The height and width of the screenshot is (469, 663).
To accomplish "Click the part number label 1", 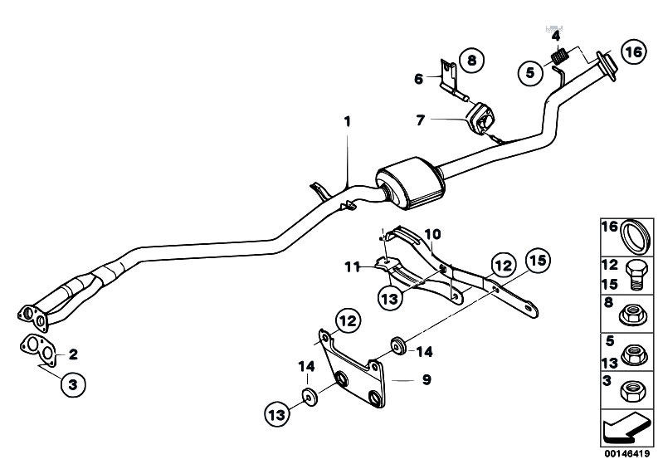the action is [x=347, y=122].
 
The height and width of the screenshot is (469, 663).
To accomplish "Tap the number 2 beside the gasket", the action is [x=73, y=354].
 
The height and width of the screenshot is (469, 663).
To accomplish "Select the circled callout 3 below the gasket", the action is [x=73, y=385].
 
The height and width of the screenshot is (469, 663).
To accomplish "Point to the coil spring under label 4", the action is [x=560, y=56].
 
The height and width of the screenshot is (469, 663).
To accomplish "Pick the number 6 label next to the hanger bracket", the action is [x=418, y=79].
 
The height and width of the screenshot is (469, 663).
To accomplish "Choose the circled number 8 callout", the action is [x=471, y=60].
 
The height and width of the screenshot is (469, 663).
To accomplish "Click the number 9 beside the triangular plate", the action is [x=427, y=379].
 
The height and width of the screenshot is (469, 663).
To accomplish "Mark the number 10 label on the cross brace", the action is [x=432, y=234].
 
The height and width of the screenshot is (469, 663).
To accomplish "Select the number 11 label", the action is [x=352, y=266].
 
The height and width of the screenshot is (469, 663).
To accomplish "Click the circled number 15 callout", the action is [x=538, y=261].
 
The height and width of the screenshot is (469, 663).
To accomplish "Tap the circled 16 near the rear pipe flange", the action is [x=634, y=51].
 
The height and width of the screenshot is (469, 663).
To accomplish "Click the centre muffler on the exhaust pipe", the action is [x=411, y=183].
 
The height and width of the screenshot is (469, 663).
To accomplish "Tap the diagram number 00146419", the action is [x=627, y=454].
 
